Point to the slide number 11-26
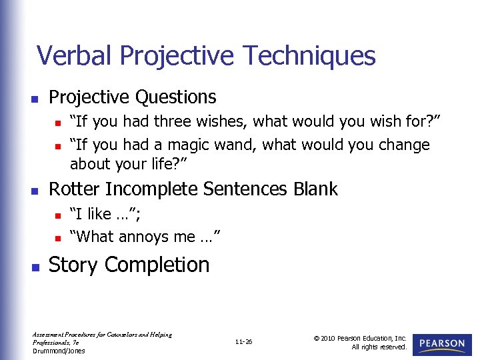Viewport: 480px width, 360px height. click(x=243, y=342)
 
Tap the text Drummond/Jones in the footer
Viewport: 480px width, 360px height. click(x=59, y=351)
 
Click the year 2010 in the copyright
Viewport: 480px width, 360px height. click(x=327, y=338)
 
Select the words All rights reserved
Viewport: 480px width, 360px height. click(x=379, y=347)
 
